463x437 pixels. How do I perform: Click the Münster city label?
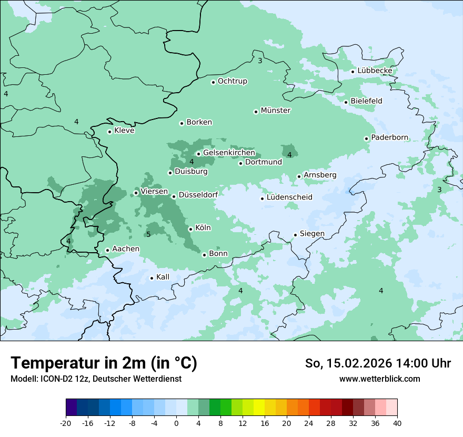275,111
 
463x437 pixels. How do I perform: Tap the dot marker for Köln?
191,229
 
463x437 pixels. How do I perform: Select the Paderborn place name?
389,137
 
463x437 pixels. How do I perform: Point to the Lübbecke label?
375,71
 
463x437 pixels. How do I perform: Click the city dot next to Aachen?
107,251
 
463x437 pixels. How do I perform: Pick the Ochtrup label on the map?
232,81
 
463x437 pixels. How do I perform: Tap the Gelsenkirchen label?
229,153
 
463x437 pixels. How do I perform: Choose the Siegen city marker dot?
296,235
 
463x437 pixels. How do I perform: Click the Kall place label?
163,277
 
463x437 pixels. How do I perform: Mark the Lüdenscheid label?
289,197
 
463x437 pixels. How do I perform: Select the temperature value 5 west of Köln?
148,234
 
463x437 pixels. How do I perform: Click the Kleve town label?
124,131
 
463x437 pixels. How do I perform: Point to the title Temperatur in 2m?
104,363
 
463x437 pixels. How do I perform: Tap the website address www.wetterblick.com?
379,379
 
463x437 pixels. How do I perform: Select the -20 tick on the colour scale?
66,423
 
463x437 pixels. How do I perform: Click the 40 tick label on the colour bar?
397,423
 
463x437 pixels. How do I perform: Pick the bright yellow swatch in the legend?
259,408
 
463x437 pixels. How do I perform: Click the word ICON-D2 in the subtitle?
53,379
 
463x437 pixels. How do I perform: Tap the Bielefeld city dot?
346,102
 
